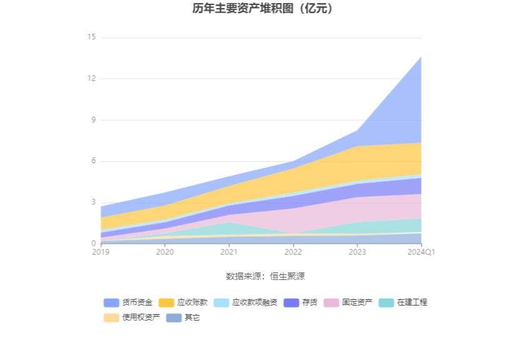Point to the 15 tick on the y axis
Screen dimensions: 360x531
(x=91, y=37)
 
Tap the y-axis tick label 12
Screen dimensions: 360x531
(x=91, y=79)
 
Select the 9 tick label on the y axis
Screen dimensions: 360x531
(x=93, y=120)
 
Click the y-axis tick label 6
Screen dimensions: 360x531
(x=93, y=161)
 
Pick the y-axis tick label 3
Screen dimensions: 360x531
(x=93, y=202)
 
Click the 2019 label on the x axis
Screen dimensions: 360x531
(x=101, y=252)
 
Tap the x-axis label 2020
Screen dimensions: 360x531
(x=165, y=252)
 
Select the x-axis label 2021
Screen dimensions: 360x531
(x=229, y=252)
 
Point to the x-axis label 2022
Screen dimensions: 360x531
(x=293, y=252)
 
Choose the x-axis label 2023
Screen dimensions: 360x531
(x=357, y=252)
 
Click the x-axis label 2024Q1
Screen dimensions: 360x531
(x=421, y=252)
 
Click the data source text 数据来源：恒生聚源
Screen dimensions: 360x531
(x=265, y=276)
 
